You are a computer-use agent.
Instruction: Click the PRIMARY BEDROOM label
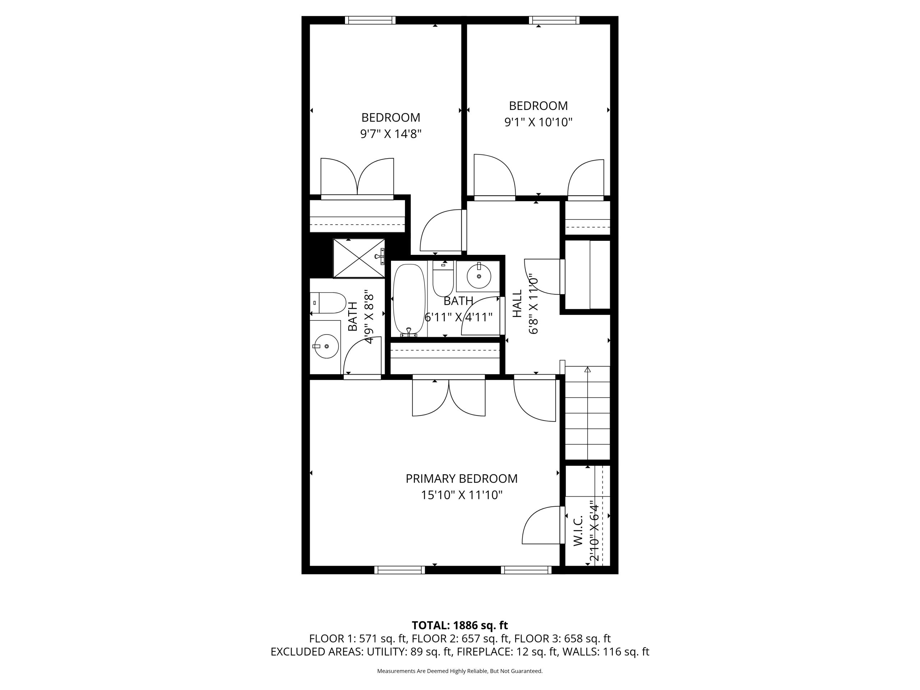(x=461, y=479)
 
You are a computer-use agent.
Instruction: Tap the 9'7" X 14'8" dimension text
(x=391, y=134)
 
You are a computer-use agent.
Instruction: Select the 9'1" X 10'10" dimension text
(x=538, y=122)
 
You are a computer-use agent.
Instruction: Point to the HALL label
(x=517, y=304)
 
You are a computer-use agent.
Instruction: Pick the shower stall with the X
(x=359, y=258)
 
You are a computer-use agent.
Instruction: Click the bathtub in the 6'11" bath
(x=409, y=299)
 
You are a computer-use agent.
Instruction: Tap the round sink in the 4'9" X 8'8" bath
(x=326, y=346)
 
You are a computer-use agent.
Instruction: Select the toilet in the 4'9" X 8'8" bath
(x=328, y=303)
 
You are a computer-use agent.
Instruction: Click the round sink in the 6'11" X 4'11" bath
(x=479, y=276)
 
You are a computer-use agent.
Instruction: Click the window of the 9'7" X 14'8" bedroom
(x=370, y=20)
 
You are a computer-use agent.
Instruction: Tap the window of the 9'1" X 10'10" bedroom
(x=554, y=20)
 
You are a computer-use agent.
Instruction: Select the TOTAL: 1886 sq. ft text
(x=460, y=625)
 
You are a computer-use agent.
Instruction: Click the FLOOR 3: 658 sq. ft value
(x=562, y=638)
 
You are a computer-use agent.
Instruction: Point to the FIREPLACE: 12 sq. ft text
(x=507, y=652)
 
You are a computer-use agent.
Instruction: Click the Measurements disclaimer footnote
(x=460, y=671)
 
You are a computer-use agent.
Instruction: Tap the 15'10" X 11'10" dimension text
(x=461, y=495)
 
